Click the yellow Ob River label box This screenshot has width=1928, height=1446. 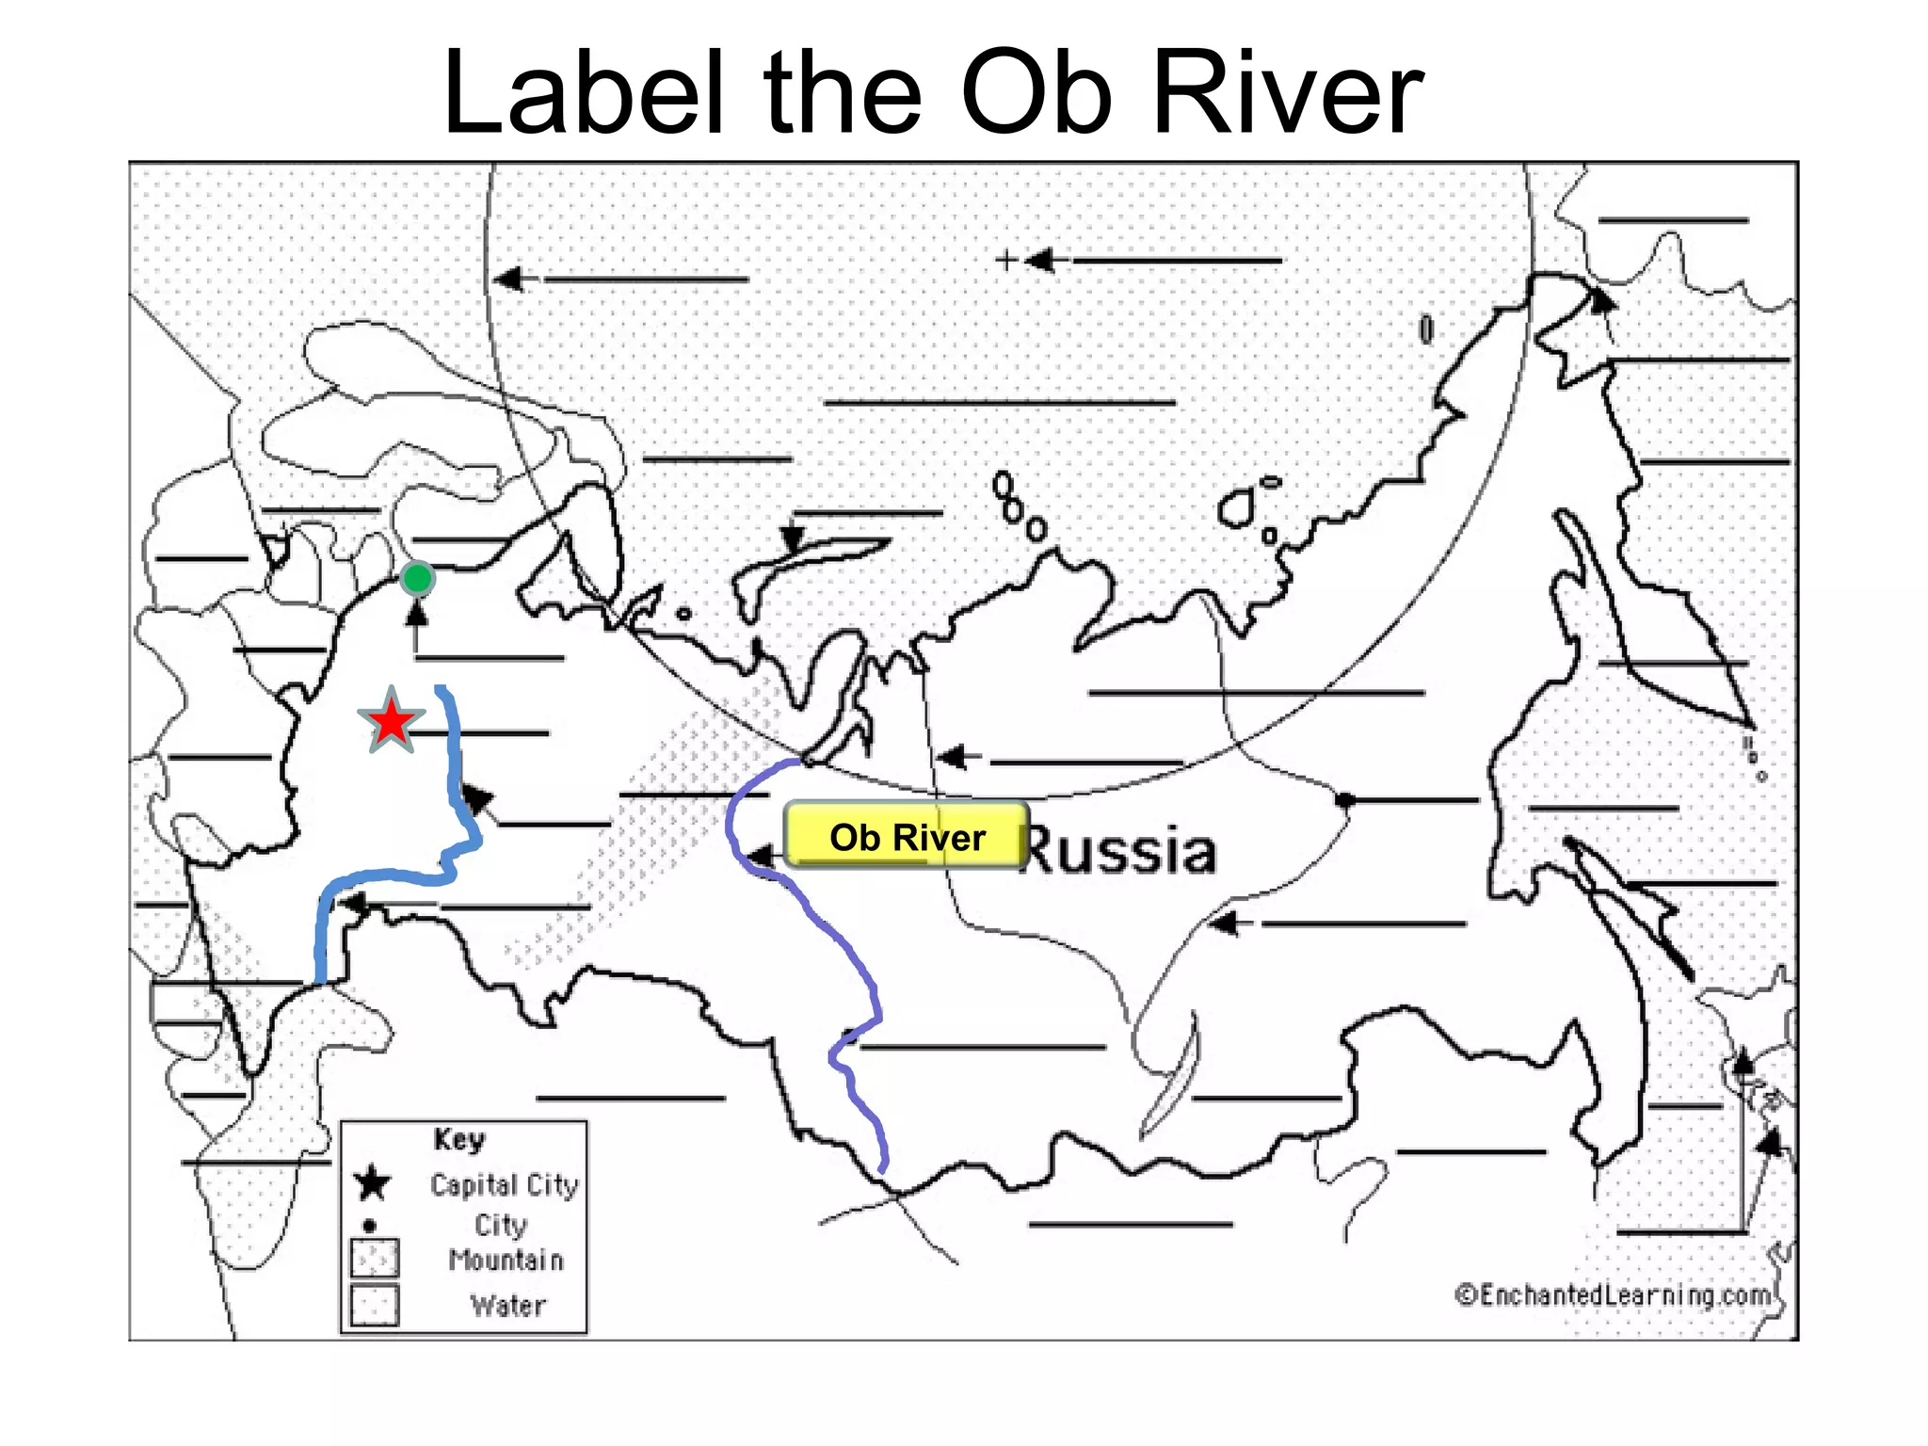tap(906, 836)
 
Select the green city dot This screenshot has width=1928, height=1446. tap(417, 578)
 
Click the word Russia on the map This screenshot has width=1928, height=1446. tap(1120, 851)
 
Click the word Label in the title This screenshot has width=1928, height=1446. tap(583, 94)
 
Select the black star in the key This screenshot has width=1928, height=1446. tap(373, 1183)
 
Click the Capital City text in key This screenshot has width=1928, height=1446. tap(504, 1184)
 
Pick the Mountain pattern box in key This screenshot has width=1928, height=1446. tap(375, 1258)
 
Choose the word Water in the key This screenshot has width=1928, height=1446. tap(508, 1306)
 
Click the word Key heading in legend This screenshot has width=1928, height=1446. tap(459, 1140)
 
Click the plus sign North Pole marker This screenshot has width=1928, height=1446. tap(1006, 259)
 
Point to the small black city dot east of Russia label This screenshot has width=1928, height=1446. tap(1344, 800)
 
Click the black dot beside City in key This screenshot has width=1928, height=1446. tap(370, 1226)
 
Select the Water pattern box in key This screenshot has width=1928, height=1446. tap(375, 1305)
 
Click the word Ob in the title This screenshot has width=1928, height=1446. tap(1036, 94)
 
